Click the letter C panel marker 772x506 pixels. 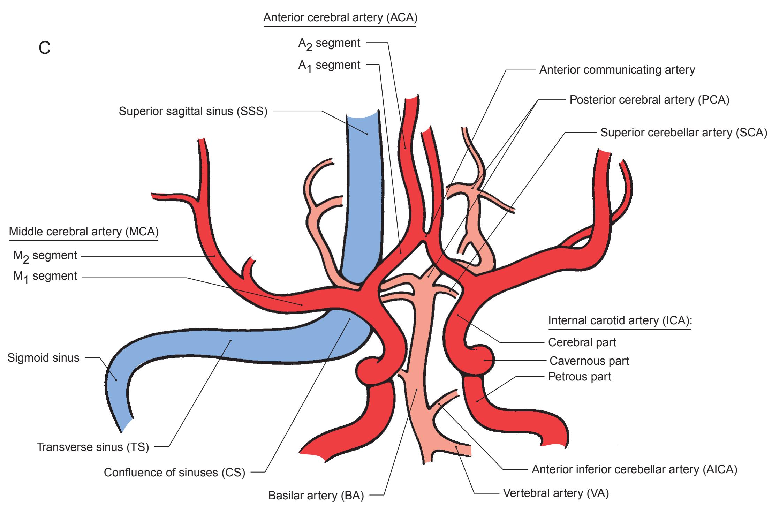(x=45, y=48)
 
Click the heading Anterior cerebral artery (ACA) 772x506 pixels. (x=340, y=17)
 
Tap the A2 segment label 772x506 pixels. (x=329, y=44)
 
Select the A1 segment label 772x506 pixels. (x=329, y=66)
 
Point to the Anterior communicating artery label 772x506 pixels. (x=617, y=70)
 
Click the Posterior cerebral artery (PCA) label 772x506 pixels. (x=649, y=100)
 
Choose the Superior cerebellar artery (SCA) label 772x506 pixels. (x=683, y=133)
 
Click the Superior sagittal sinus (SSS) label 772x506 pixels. (x=193, y=111)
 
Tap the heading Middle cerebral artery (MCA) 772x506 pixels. (x=84, y=232)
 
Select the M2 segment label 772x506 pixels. (x=45, y=256)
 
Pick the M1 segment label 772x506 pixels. (x=45, y=277)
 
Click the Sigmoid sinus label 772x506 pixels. (x=43, y=358)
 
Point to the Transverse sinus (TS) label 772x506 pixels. (x=93, y=447)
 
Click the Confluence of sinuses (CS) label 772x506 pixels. (x=174, y=473)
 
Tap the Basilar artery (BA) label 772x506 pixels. (x=316, y=495)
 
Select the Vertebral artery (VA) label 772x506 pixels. (x=556, y=493)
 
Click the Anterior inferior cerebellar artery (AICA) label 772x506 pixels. (x=634, y=470)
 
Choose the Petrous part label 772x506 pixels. (x=580, y=377)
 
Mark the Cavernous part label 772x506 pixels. (x=589, y=361)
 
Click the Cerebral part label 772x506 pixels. (x=582, y=342)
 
